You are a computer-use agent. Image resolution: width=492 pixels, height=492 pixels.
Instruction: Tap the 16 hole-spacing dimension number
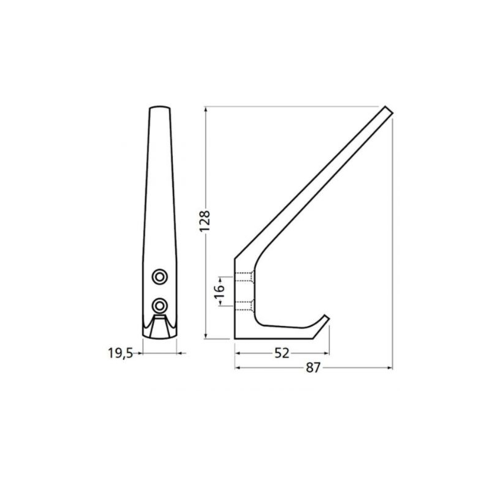(219, 290)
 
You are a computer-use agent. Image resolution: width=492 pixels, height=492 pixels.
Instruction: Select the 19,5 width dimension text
(120, 353)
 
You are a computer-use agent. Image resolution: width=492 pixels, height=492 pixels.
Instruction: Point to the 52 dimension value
(281, 353)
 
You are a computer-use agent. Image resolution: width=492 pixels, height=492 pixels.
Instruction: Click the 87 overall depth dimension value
(312, 367)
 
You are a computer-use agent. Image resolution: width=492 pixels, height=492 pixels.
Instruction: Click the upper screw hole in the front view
(159, 276)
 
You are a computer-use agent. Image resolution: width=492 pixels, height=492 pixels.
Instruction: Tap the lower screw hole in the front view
(159, 304)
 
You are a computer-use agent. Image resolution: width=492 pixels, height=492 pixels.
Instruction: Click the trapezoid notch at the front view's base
(159, 328)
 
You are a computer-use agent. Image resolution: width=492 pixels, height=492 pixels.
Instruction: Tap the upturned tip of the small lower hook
(328, 317)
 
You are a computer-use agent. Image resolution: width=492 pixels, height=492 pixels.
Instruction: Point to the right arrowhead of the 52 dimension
(328, 353)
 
